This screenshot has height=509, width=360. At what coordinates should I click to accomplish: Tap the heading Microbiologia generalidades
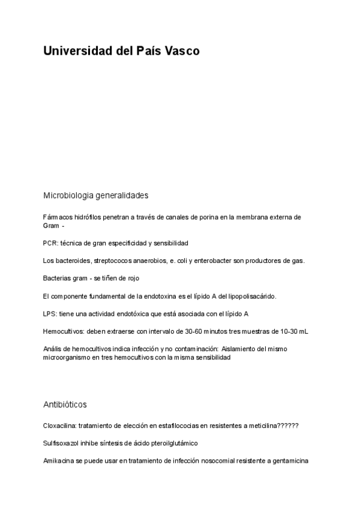95,196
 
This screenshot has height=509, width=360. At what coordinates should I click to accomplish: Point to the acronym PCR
50,243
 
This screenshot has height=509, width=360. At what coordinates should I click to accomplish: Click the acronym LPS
50,314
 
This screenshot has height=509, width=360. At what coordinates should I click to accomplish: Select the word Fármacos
56,217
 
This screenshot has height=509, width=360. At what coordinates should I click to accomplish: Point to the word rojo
133,279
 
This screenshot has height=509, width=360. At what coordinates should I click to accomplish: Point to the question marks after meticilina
288,426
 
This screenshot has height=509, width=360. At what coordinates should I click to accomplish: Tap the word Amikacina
59,461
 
